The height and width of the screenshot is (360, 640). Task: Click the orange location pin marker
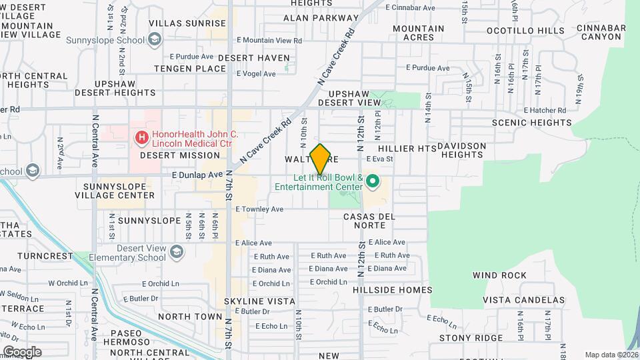[x=321, y=159]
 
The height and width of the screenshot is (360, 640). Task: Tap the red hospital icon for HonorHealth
[x=141, y=138]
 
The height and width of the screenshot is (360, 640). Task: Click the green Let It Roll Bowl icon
[x=373, y=181]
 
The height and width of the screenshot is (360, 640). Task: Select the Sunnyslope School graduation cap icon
[x=154, y=40]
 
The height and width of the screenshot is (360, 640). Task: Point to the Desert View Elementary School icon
[x=176, y=252]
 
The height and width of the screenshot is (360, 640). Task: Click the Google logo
[x=22, y=351]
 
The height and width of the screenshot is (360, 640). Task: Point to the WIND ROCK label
[x=499, y=275]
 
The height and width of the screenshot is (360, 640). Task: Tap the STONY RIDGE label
[x=471, y=337]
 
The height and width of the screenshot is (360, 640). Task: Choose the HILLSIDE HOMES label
[x=397, y=289]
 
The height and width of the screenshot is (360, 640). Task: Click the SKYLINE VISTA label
[x=259, y=301]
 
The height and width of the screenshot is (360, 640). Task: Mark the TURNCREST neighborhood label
[x=45, y=256]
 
